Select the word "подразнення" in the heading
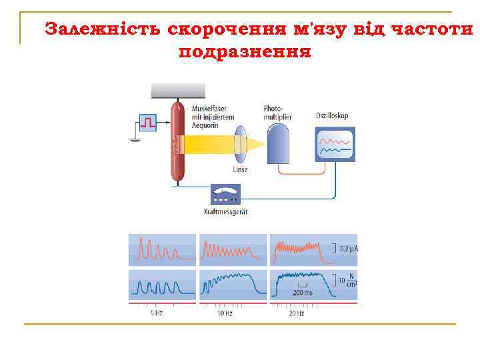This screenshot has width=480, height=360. tap(245, 51)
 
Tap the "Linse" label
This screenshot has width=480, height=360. tap(240, 170)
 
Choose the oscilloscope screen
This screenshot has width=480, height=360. tap(335, 145)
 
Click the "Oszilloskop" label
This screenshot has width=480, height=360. tap(332, 116)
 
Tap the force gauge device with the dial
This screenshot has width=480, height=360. tap(225, 195)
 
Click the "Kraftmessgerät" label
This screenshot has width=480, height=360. tap(225, 212)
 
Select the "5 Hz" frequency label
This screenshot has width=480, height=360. tap(156, 313)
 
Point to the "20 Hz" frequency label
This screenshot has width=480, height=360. tap(297, 313)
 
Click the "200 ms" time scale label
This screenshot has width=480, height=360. tap(302, 293)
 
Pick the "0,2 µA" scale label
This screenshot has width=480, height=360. tap(349, 249)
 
